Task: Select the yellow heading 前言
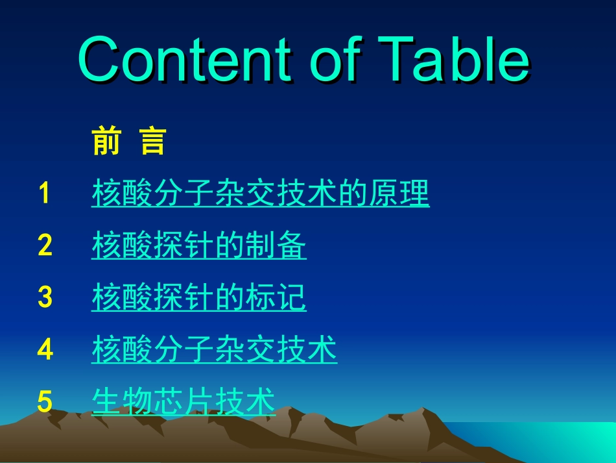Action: (129, 141)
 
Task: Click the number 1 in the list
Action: (44, 194)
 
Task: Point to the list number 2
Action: (45, 245)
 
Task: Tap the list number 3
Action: (45, 297)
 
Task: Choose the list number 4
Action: (45, 349)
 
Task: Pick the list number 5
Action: (45, 402)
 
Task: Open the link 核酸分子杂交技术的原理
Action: (260, 194)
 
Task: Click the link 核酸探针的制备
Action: (198, 245)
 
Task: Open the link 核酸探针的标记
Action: (198, 297)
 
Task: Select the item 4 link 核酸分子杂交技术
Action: (214, 349)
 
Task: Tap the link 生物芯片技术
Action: (184, 402)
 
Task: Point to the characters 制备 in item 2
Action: (276, 245)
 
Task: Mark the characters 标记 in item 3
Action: (276, 297)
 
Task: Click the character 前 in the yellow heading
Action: (106, 141)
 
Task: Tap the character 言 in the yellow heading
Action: (153, 141)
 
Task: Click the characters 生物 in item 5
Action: (122, 402)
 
